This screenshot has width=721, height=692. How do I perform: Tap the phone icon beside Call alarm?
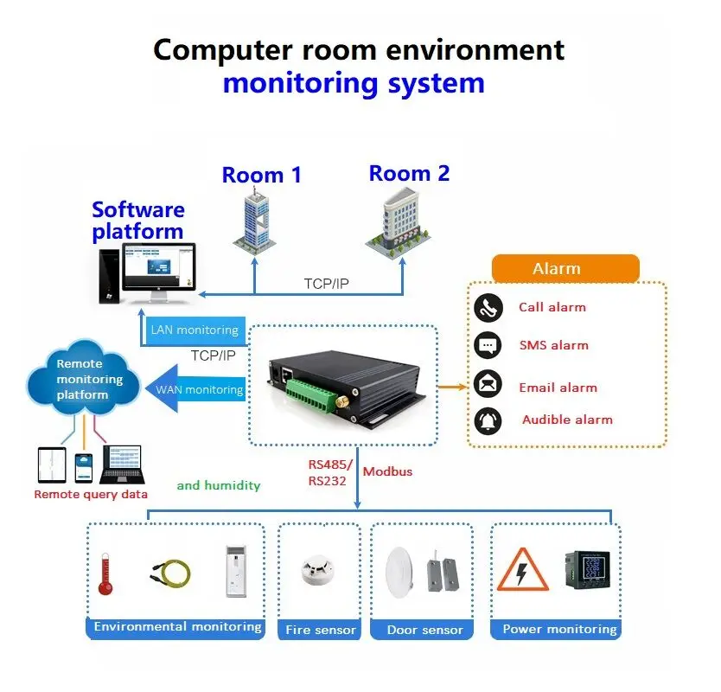(x=488, y=307)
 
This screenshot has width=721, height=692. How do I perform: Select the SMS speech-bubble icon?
(x=488, y=345)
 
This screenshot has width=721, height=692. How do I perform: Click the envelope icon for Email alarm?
(x=488, y=383)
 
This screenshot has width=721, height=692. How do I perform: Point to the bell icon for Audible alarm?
(x=488, y=420)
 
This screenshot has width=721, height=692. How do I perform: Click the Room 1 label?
(x=261, y=176)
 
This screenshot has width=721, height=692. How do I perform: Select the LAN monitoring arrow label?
(x=194, y=330)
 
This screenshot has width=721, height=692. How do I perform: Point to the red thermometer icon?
(x=105, y=573)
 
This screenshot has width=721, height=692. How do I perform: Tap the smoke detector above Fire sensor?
(x=317, y=570)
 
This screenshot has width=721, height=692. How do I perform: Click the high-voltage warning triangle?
(x=522, y=569)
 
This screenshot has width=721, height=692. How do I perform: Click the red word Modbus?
(x=387, y=471)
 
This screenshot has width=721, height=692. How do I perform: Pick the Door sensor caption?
(x=424, y=630)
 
